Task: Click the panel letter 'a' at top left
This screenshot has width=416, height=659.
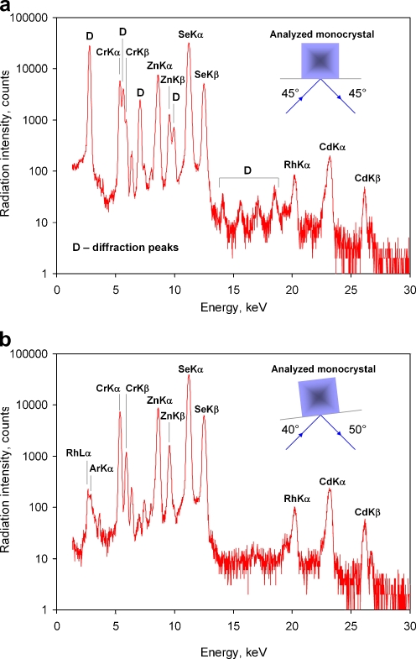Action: tap(6, 8)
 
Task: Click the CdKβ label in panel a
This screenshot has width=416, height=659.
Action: tap(367, 177)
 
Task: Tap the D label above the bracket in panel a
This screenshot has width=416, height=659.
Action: tap(247, 170)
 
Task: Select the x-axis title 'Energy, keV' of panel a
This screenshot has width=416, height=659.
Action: tap(232, 308)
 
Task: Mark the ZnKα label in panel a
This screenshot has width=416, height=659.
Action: tap(159, 65)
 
